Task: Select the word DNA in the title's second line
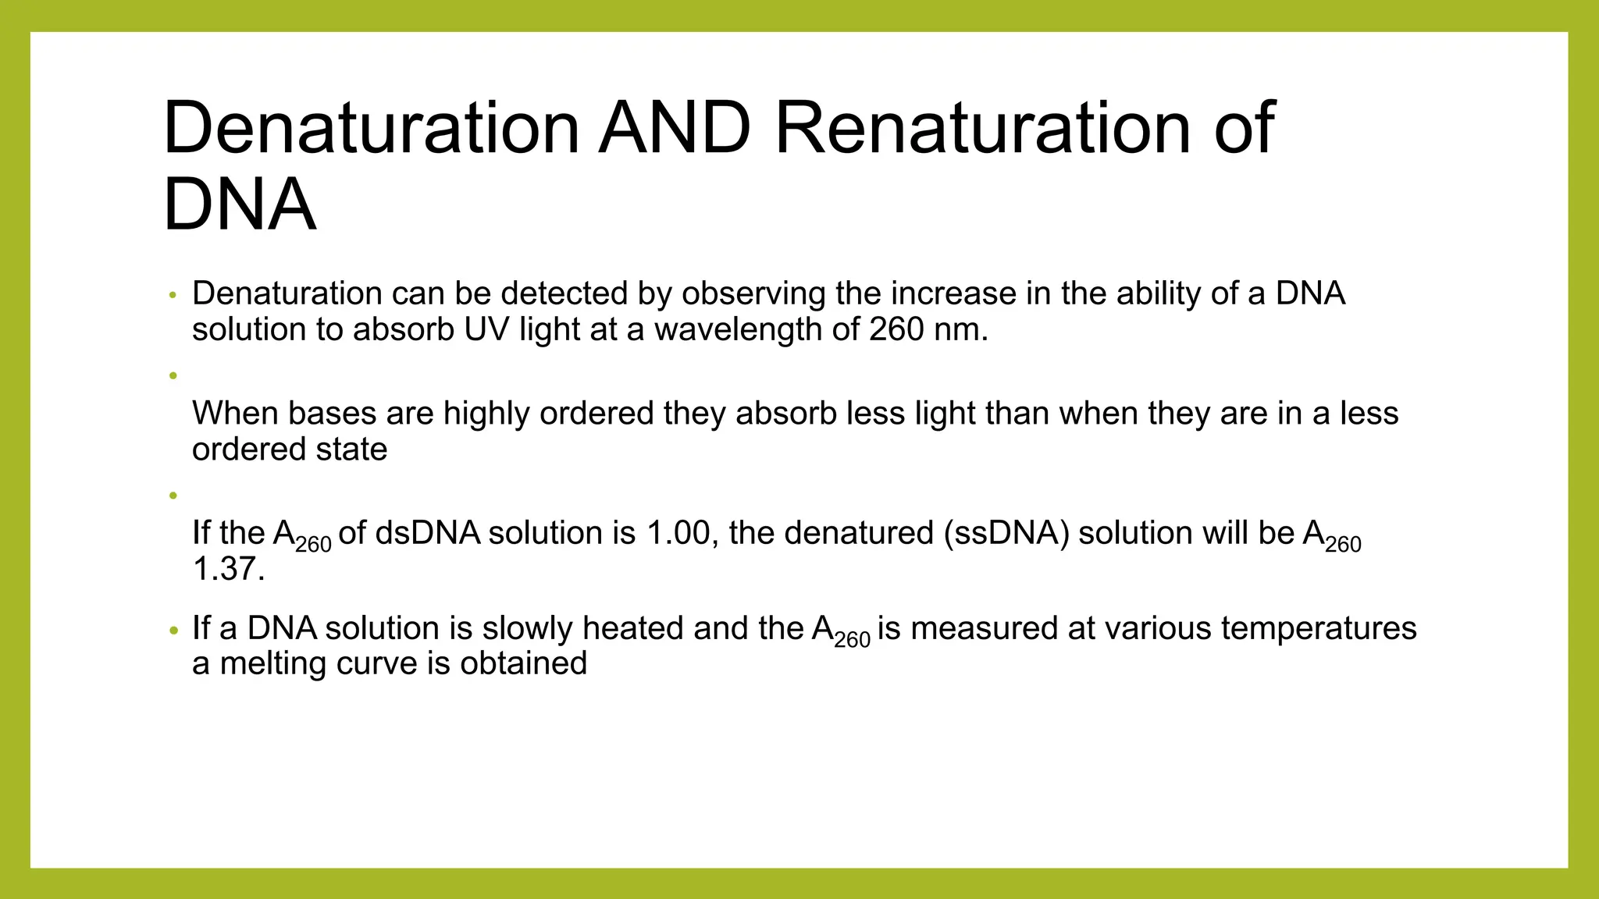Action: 240,204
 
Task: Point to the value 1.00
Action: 678,533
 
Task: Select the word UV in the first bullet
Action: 486,329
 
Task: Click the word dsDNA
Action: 427,533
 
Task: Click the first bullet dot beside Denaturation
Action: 173,295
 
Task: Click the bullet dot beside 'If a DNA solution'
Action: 173,630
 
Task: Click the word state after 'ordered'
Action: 351,449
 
